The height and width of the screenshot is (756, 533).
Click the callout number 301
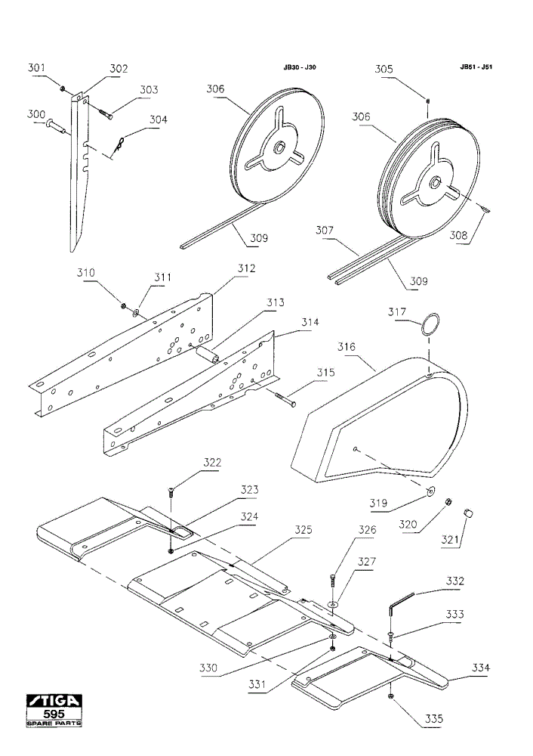pyautogui.click(x=35, y=67)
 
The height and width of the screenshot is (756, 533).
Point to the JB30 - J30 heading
pyautogui.click(x=300, y=67)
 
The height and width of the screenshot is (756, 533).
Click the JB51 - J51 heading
pyautogui.click(x=476, y=67)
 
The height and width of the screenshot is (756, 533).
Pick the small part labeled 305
pyautogui.click(x=427, y=101)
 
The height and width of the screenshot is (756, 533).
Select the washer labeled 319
pyautogui.click(x=430, y=491)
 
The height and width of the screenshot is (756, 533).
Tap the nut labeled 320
pyautogui.click(x=447, y=502)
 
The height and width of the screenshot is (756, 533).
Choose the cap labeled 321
pyautogui.click(x=467, y=512)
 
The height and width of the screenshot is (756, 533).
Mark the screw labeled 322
pyautogui.click(x=171, y=492)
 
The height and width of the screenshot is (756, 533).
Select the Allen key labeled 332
pyautogui.click(x=399, y=603)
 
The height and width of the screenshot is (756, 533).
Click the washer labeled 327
pyautogui.click(x=333, y=603)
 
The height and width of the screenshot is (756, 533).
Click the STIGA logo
pyautogui.click(x=54, y=701)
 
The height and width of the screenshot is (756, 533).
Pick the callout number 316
pyautogui.click(x=347, y=346)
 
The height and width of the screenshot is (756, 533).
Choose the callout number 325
pyautogui.click(x=303, y=529)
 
